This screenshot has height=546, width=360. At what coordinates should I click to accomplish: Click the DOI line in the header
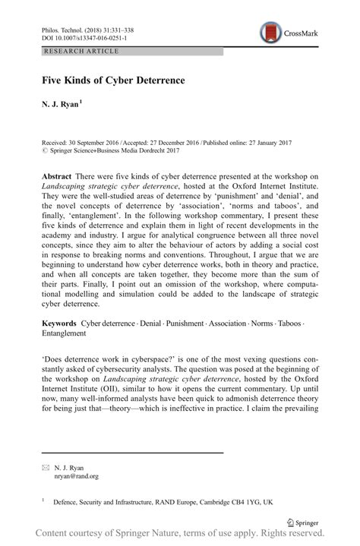[x=84, y=36]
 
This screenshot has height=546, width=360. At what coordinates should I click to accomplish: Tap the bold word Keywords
[x=60, y=323]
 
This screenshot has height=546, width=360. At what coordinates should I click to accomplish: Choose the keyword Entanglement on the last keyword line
[x=65, y=333]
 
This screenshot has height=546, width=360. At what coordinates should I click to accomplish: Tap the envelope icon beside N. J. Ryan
[x=45, y=466]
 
